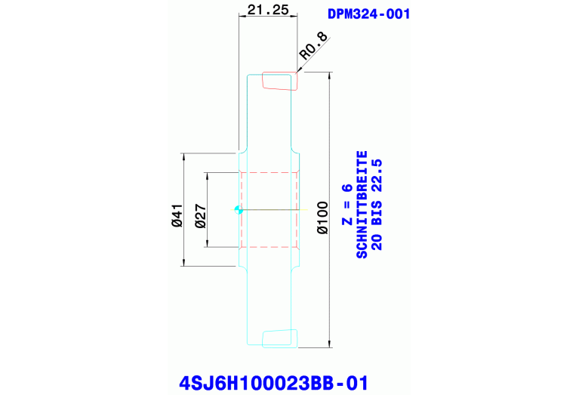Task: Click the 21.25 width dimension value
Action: tap(266, 11)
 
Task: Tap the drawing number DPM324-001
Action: tap(369, 14)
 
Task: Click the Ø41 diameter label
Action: tap(177, 215)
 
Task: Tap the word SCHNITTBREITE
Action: tap(362, 204)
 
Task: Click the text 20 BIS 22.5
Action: tap(377, 204)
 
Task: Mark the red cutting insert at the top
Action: tap(278, 81)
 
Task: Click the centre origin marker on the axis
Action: tap(238, 210)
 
